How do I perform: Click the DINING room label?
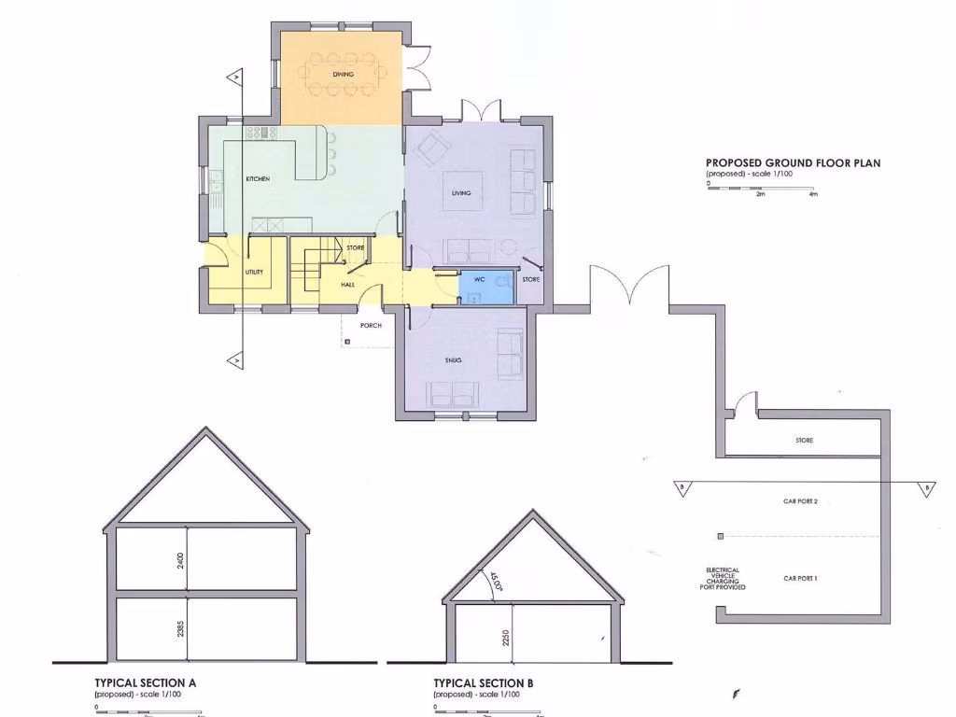[x=343, y=74]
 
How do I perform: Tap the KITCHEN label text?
[x=258, y=178]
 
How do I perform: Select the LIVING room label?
[x=461, y=193]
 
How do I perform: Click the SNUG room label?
[x=454, y=359]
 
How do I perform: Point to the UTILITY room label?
[x=254, y=272]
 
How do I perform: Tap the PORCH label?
[x=372, y=326]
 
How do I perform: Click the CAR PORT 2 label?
[x=800, y=501]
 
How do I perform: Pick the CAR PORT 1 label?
[x=800, y=579]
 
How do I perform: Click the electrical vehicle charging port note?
[x=723, y=579]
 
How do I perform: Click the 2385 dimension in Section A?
[x=181, y=628]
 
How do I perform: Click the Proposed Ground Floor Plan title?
[x=793, y=163]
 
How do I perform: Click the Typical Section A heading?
[x=146, y=683]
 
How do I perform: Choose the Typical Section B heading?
[x=484, y=683]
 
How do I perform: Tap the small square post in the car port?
[x=720, y=536]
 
